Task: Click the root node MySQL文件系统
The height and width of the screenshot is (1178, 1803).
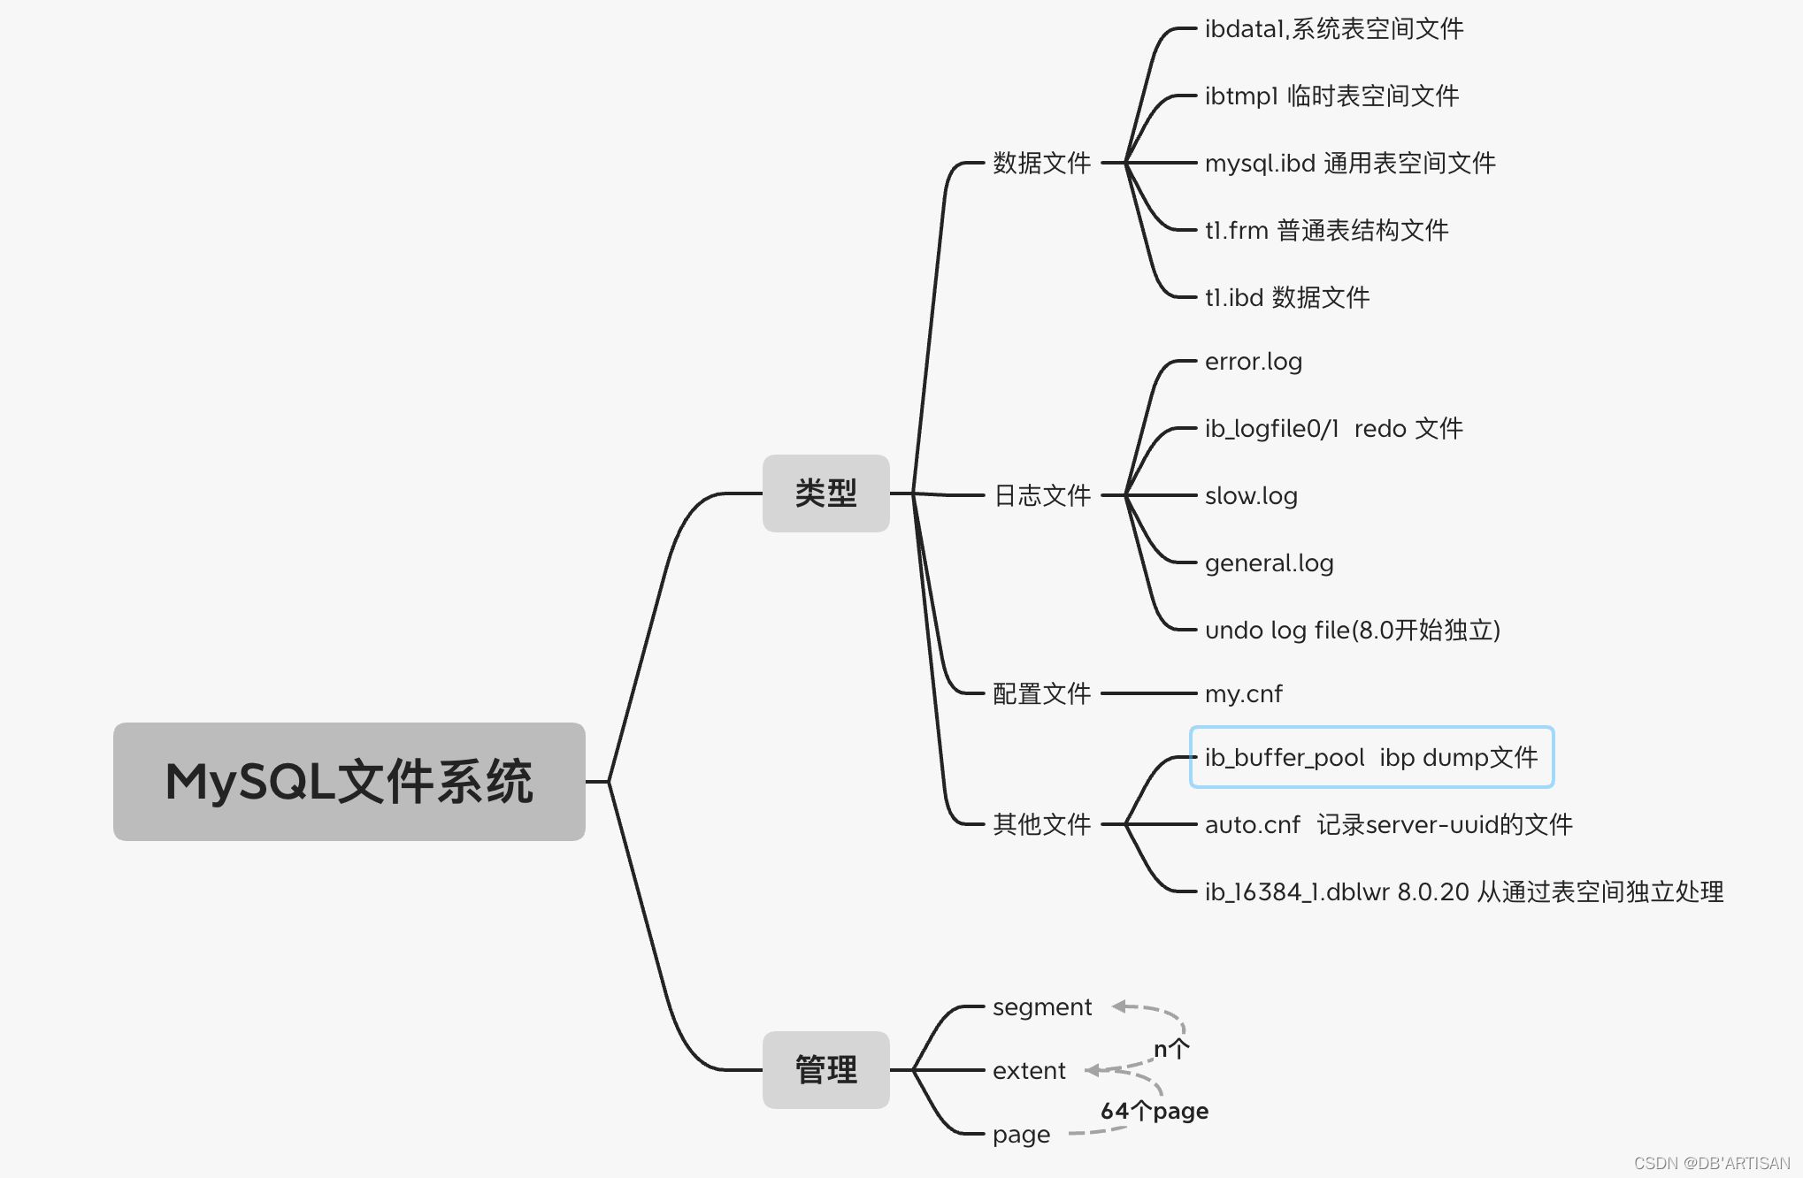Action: (x=349, y=782)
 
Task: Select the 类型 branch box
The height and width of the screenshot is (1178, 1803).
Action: (x=825, y=493)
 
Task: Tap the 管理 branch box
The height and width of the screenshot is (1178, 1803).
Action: (x=825, y=1070)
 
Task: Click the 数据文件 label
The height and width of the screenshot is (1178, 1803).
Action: (x=1041, y=163)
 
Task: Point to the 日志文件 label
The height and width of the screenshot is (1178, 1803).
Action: (x=1041, y=495)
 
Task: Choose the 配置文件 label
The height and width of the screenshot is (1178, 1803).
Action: (x=1041, y=693)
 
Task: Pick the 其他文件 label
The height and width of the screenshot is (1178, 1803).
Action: (x=1041, y=824)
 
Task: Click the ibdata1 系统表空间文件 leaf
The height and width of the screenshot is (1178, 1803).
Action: (x=1333, y=29)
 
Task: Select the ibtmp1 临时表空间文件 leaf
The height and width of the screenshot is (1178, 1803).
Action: (x=1331, y=96)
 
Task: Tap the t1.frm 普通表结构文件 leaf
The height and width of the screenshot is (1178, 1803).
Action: (x=1326, y=230)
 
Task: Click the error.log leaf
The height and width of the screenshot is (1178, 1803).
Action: (x=1253, y=362)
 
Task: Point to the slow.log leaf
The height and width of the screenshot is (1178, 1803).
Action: (x=1251, y=496)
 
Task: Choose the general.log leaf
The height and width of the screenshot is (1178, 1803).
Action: (x=1269, y=563)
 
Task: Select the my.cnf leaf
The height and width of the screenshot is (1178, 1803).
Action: (x=1243, y=694)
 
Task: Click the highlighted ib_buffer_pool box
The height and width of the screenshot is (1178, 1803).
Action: (x=1371, y=757)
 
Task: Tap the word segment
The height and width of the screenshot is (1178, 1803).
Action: (x=1042, y=1007)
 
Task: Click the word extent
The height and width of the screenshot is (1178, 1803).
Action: (x=1029, y=1071)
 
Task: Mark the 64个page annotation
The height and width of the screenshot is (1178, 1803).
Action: (x=1154, y=1111)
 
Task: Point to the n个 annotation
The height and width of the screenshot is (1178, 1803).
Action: (x=1170, y=1049)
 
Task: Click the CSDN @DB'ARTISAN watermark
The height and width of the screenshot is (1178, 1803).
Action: (x=1711, y=1163)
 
